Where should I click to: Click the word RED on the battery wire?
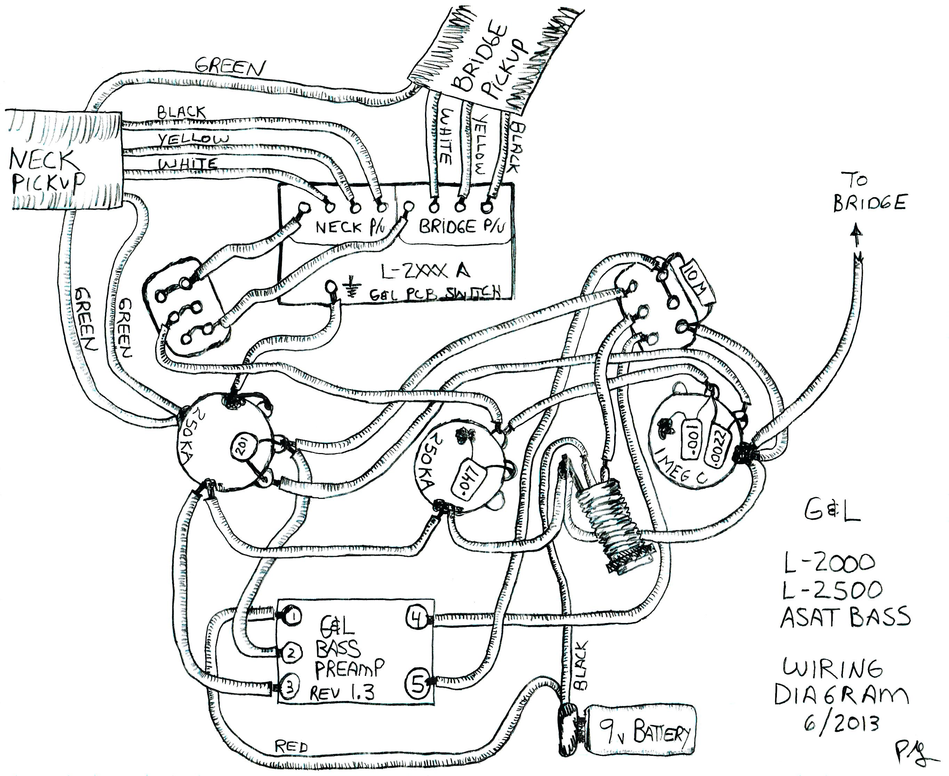[x=291, y=746]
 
